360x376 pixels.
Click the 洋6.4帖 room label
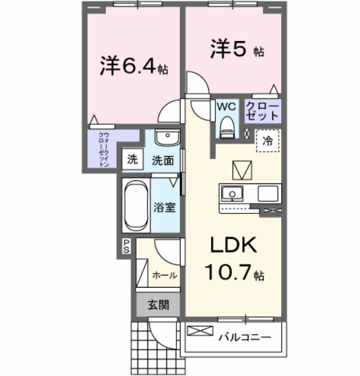coord(134,66)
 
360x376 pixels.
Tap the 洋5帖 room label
coord(237,49)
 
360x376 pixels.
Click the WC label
coord(226,106)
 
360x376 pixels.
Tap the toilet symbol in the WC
coord(226,126)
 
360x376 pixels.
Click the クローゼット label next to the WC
coord(262,110)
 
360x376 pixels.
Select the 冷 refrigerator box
coord(267,141)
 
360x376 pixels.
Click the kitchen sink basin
coord(232,194)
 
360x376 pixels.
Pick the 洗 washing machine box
coord(132,160)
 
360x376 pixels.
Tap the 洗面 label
coord(163,161)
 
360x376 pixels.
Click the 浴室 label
coord(165,207)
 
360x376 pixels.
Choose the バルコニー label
coord(243,336)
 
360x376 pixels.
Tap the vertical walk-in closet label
coord(104,150)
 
